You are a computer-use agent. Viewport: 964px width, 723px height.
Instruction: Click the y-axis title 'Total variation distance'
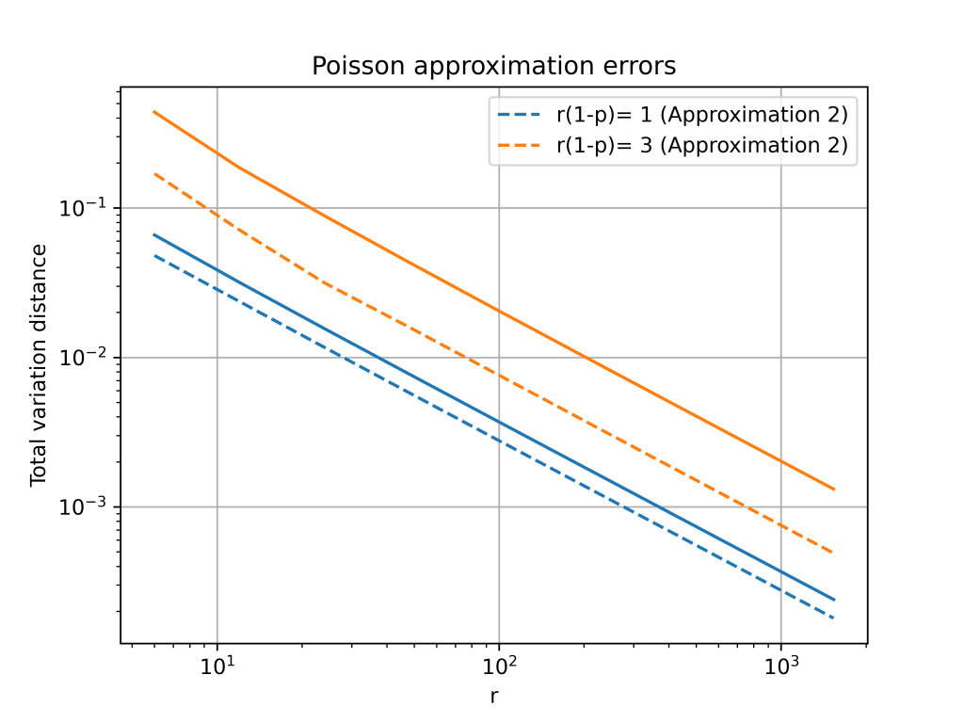[x=39, y=364]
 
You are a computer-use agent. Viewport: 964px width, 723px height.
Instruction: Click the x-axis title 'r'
[x=493, y=697]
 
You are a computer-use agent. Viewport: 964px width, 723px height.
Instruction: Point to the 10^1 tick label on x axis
[x=217, y=667]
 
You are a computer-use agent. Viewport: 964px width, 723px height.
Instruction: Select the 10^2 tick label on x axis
[x=498, y=667]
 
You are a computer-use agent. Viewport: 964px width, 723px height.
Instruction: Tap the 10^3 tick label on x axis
[x=779, y=667]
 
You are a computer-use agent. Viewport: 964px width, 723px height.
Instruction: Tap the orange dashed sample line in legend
[x=518, y=145]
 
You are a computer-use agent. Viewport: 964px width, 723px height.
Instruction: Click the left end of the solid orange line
[x=154, y=112]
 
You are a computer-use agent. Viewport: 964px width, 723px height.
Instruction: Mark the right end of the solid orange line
[x=834, y=490]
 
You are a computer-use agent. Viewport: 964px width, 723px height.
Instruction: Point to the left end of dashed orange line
[x=154, y=173]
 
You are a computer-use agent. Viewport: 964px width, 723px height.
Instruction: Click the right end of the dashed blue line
[x=834, y=618]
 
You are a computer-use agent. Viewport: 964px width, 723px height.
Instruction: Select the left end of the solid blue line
[x=154, y=234]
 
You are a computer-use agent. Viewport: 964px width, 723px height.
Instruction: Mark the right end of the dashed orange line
[x=834, y=553]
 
